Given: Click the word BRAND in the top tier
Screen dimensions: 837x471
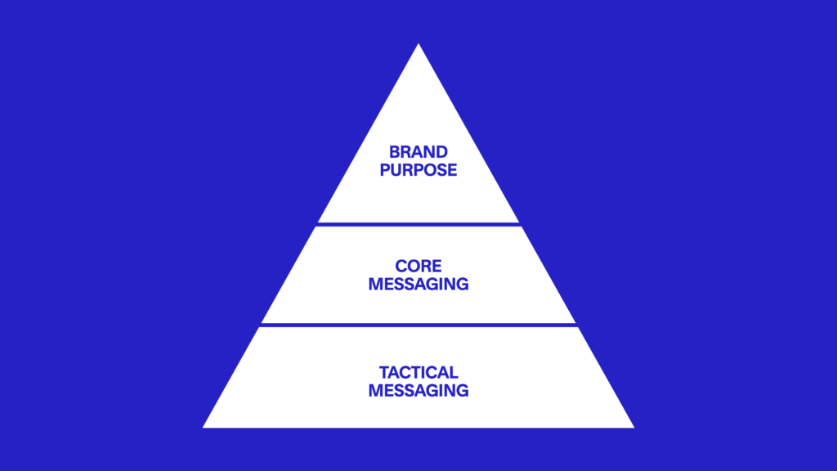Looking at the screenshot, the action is coord(418,152).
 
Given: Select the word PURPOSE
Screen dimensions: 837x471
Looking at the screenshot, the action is coord(418,170).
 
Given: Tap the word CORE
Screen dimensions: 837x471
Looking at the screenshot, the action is coord(418,266).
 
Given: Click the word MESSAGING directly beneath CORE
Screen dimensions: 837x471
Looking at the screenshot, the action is coord(418,284).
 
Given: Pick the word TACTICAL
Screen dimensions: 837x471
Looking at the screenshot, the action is coord(418,372).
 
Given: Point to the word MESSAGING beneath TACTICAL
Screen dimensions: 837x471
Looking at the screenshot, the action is coord(418,390).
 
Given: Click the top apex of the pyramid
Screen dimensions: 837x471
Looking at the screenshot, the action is coord(418,44).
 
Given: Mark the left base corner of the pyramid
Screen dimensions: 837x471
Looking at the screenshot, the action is coord(203,427).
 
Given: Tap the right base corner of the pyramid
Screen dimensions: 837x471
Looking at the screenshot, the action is coord(634,427).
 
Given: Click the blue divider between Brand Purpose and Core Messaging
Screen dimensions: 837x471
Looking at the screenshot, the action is coord(418,224).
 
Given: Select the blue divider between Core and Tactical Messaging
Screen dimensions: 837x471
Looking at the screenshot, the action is coord(418,325).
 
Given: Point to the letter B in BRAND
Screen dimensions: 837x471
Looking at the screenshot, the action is coord(395,152).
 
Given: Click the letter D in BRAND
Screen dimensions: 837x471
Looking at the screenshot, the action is coord(441,152).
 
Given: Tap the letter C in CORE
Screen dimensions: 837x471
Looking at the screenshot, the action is coord(401,266).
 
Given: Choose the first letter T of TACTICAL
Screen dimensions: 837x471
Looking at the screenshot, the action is coord(384,372).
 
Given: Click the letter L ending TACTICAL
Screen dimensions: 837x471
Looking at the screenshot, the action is coord(453,372).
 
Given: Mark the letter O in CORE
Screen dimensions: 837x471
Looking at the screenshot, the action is coord(413,266).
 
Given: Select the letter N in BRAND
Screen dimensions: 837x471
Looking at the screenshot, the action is coord(429,152).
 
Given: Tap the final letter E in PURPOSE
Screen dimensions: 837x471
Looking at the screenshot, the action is coord(452,170).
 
